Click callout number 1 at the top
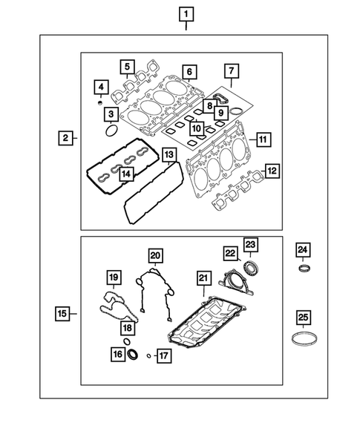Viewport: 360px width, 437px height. click(185, 13)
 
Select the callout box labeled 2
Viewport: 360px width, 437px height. click(66, 138)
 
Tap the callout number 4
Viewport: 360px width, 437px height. click(99, 89)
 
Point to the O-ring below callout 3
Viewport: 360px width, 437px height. click(111, 131)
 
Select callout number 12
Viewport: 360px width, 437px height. click(273, 171)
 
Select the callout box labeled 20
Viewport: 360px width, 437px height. click(154, 256)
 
